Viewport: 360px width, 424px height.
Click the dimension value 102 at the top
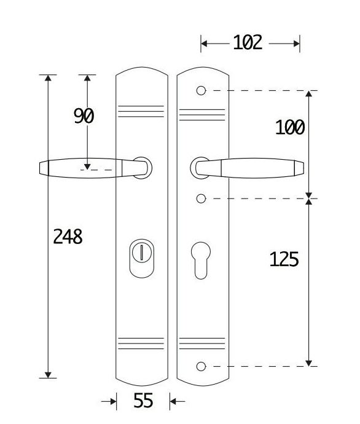[x=248, y=42]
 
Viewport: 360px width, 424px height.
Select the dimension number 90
[x=84, y=116]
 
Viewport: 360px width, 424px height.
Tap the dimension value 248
[x=68, y=236]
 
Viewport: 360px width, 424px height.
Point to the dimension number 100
[x=290, y=127]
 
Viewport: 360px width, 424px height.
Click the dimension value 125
[x=284, y=259]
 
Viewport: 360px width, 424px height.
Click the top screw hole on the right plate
[x=200, y=91]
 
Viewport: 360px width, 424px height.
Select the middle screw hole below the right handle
[x=200, y=198]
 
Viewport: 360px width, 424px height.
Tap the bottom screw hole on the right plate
[x=200, y=367]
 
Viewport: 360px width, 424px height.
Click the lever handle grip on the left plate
[x=83, y=168]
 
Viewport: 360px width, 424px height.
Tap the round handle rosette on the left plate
[x=144, y=168]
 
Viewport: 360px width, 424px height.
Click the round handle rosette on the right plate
[x=198, y=168]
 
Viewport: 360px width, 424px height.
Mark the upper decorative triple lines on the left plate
[x=141, y=111]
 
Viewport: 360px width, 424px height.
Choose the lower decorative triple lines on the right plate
[x=202, y=344]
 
